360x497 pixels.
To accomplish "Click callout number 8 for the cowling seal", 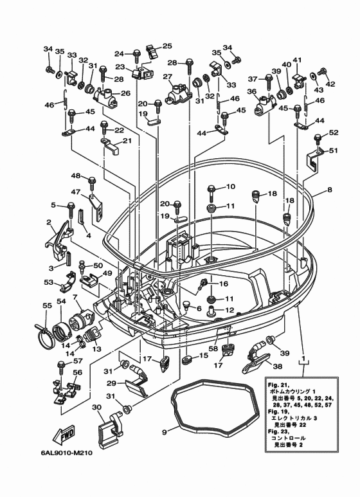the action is coord(330,190).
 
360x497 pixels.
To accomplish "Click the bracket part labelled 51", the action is coord(315,160).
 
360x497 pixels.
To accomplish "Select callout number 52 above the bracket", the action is coord(334,132).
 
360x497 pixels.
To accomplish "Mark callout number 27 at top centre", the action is coord(167,77).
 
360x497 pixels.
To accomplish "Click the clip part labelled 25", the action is coord(152,51).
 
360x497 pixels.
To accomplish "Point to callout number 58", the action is coord(213,348).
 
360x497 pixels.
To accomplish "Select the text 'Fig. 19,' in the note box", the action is coord(278,411).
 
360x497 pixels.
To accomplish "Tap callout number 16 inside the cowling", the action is coord(224,284).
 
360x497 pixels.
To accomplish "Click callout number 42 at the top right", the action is coord(330,84).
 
